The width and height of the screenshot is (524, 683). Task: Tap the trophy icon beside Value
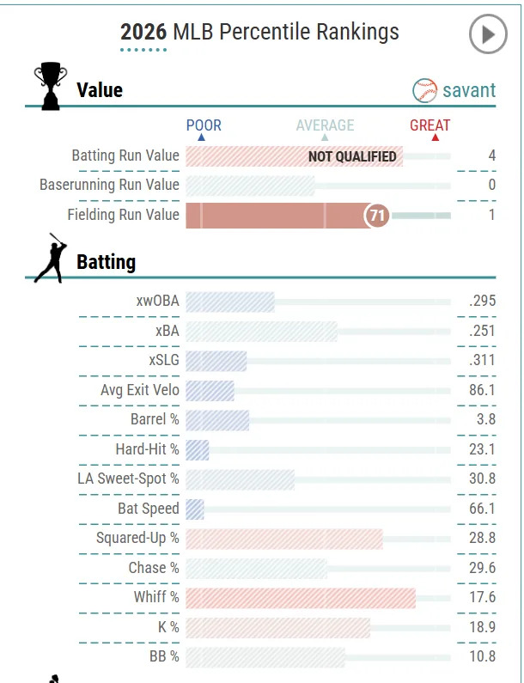[50, 87]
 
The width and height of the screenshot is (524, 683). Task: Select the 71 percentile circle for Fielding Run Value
[377, 216]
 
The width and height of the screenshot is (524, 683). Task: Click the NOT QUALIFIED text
[352, 156]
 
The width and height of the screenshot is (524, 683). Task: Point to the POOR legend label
[204, 125]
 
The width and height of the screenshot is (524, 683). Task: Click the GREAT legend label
[430, 125]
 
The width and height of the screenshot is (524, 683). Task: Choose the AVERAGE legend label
[325, 125]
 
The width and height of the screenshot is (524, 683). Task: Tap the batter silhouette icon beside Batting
[49, 259]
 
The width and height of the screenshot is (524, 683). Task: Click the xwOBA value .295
[482, 302]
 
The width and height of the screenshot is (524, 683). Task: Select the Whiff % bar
[301, 598]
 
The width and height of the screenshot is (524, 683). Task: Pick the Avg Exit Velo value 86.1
[482, 390]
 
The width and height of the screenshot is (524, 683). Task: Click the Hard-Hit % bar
[198, 449]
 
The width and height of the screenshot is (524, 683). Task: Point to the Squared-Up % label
[137, 538]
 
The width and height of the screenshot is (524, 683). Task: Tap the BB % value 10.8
[482, 657]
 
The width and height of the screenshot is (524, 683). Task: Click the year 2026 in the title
[143, 33]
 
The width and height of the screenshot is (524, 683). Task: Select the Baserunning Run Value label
[109, 185]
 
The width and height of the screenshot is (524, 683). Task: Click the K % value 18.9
[482, 627]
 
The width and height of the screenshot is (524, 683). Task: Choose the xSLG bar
[216, 361]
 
